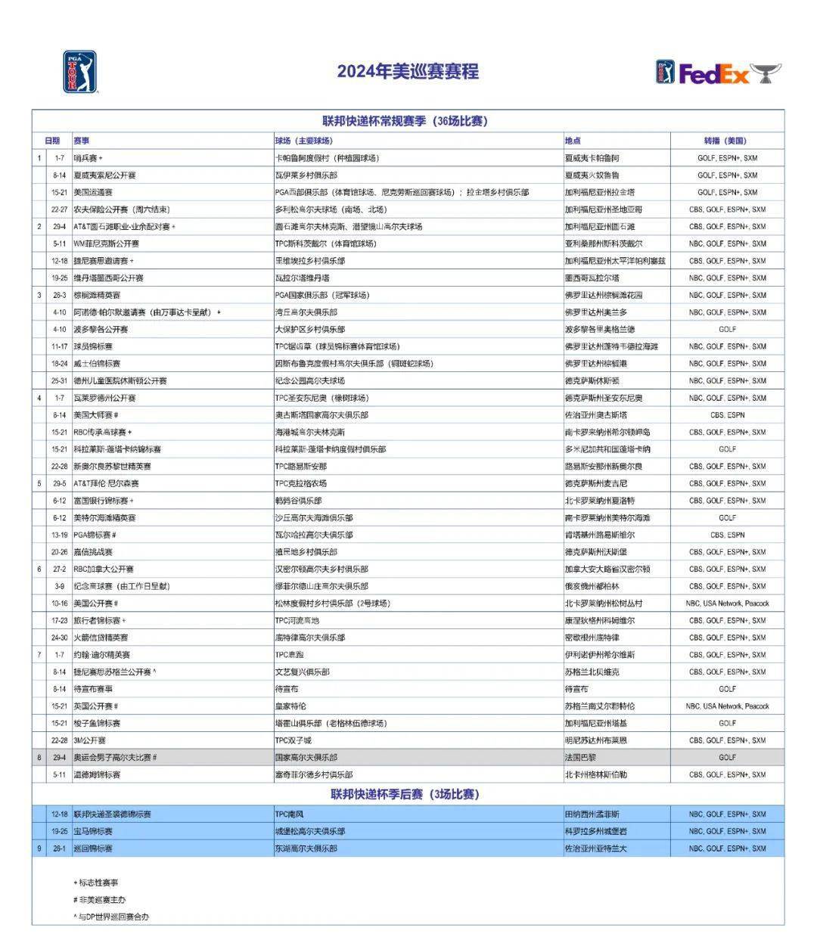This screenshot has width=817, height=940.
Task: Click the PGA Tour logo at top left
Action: pos(79,72)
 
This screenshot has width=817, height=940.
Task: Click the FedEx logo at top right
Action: pos(718,73)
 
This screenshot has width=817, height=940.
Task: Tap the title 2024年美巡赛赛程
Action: pos(408,72)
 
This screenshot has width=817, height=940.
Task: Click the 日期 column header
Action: pos(52,141)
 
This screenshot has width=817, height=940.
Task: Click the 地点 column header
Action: pos(573,141)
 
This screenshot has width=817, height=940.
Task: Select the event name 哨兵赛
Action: pos(86,158)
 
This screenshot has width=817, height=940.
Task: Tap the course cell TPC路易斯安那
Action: pos(301,467)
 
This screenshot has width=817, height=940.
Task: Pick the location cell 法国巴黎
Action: pos(580,757)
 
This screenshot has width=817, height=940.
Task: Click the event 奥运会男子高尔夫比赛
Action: pos(113,757)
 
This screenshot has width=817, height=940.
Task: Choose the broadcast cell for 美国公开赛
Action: pos(727,603)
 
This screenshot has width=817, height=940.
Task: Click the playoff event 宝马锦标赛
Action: pos(93,831)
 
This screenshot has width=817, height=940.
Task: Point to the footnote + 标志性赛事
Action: pos(96,883)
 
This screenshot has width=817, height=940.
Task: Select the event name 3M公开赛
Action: pos(90,740)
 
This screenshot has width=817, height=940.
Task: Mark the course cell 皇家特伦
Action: pos(290,706)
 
